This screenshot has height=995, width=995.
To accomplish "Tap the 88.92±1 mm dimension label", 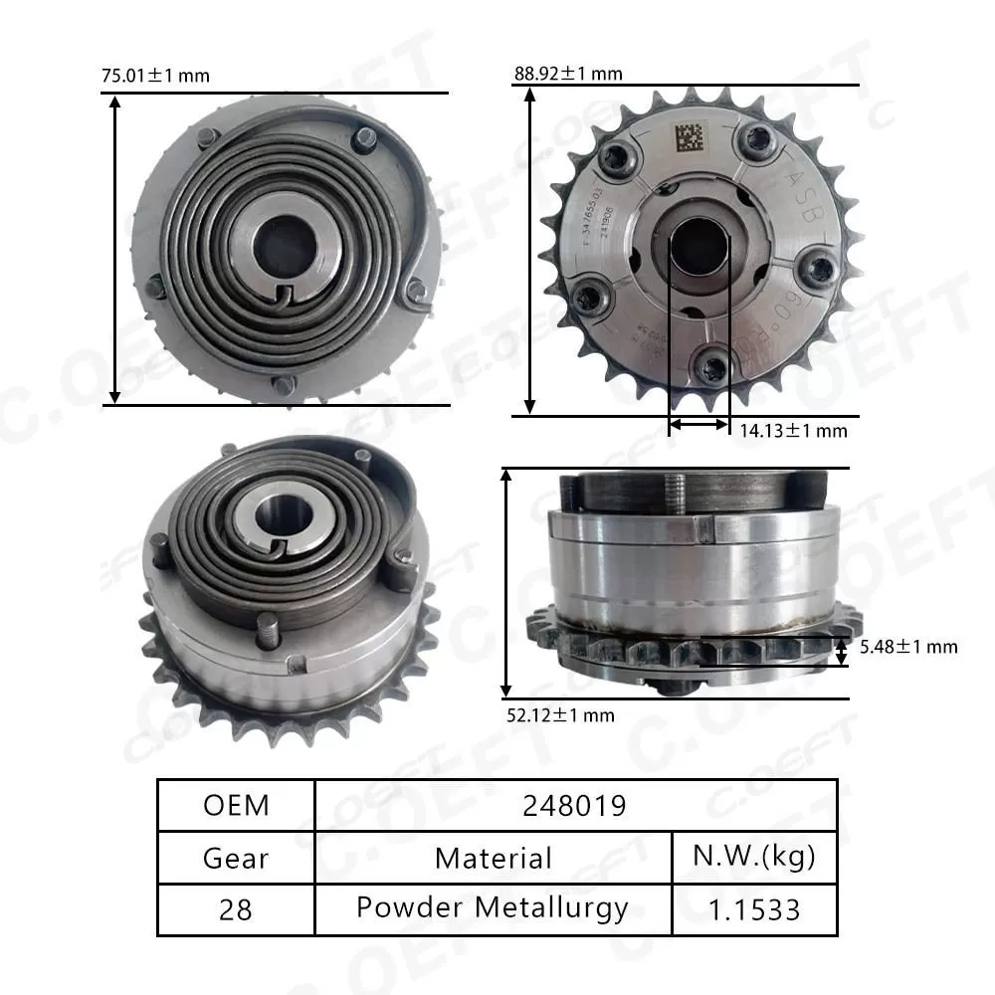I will click(568, 74).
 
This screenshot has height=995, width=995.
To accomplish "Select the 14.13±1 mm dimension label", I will click(793, 431).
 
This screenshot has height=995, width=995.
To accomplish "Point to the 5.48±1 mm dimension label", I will click(906, 647).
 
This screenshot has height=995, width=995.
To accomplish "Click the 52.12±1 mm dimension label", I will click(561, 714).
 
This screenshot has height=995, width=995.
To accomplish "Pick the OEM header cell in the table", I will click(237, 805).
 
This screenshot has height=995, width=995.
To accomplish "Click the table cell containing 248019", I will click(575, 805).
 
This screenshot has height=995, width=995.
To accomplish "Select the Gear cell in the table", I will click(237, 857).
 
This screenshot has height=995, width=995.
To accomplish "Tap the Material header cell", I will click(494, 857).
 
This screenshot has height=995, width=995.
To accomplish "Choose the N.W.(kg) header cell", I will click(753, 857).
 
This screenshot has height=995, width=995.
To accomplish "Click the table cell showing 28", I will click(237, 908).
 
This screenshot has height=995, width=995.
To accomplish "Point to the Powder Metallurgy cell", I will click(494, 908).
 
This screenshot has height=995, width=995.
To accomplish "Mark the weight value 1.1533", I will click(753, 908).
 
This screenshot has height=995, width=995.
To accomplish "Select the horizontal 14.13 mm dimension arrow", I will click(698, 425).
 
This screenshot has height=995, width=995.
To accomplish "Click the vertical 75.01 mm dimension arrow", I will click(115, 249).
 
